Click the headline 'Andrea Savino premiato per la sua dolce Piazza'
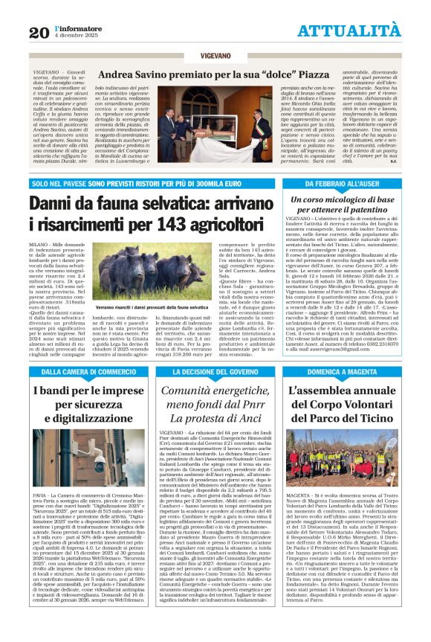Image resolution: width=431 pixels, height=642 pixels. point(215,75)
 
